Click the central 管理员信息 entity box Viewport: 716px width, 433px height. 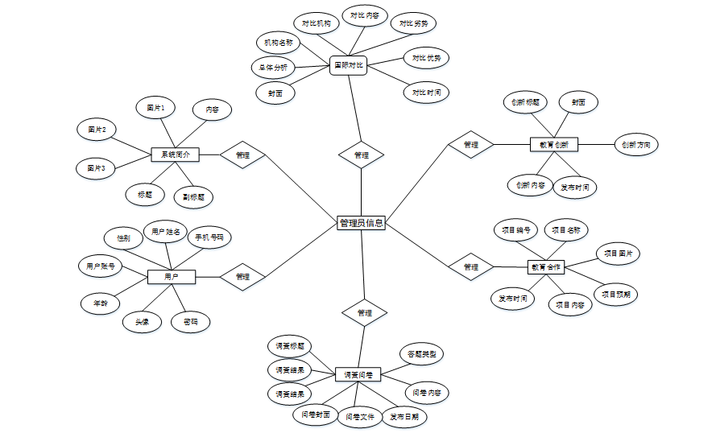click(361, 223)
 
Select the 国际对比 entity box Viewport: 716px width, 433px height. click(349, 64)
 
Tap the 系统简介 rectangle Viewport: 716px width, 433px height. click(175, 154)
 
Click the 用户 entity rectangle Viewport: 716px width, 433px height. click(171, 277)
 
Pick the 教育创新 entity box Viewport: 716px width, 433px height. click(554, 145)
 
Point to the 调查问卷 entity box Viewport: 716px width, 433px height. click(358, 374)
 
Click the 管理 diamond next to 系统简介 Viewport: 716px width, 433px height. click(242, 155)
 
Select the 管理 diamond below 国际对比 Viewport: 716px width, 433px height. click(362, 155)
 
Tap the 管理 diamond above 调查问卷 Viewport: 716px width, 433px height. click(364, 312)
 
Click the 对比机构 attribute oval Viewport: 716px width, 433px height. click(316, 24)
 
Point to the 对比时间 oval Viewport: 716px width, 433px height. click(426, 92)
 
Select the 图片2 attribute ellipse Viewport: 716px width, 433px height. click(97, 129)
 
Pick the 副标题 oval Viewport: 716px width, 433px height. click(193, 196)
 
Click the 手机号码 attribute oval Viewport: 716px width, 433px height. click(209, 238)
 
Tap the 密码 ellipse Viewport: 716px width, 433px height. click(191, 322)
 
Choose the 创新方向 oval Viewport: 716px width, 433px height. click(636, 145)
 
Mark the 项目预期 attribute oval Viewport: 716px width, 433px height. click(616, 294)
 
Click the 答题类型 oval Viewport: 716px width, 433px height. click(422, 353)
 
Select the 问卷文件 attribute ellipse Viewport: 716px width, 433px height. click(359, 418)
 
